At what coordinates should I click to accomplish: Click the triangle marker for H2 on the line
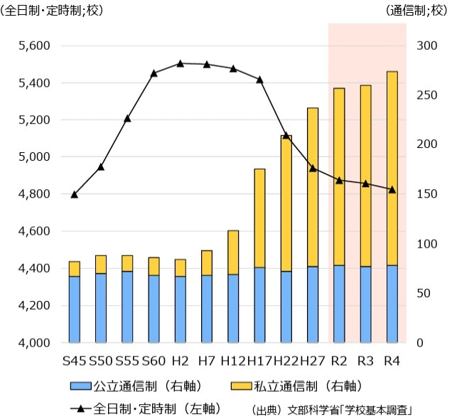click(x=181, y=64)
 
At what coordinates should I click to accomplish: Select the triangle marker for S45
click(x=75, y=194)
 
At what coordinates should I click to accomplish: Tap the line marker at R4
click(x=392, y=190)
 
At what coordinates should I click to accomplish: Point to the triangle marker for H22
click(x=286, y=135)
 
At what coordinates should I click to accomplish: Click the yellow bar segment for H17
click(x=259, y=218)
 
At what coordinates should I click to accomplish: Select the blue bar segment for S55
click(x=127, y=307)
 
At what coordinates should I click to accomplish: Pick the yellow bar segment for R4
click(x=392, y=169)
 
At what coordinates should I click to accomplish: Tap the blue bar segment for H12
click(x=233, y=309)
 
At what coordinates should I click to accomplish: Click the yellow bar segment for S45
click(x=75, y=269)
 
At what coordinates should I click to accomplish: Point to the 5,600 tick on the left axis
click(x=34, y=46)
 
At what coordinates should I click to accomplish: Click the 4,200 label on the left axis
click(x=34, y=305)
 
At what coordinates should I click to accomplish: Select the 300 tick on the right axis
click(x=426, y=46)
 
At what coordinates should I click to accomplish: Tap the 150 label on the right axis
click(x=426, y=194)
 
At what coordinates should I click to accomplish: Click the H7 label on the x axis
click(x=207, y=361)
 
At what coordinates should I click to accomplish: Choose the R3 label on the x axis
click(x=365, y=361)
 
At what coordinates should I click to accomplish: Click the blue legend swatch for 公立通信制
click(x=81, y=386)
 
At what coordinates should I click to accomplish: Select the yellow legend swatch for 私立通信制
click(x=241, y=386)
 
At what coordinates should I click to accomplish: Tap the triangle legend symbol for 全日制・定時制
click(x=81, y=408)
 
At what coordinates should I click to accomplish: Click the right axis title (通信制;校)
click(x=416, y=11)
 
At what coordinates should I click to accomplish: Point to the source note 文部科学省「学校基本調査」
click(x=350, y=410)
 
